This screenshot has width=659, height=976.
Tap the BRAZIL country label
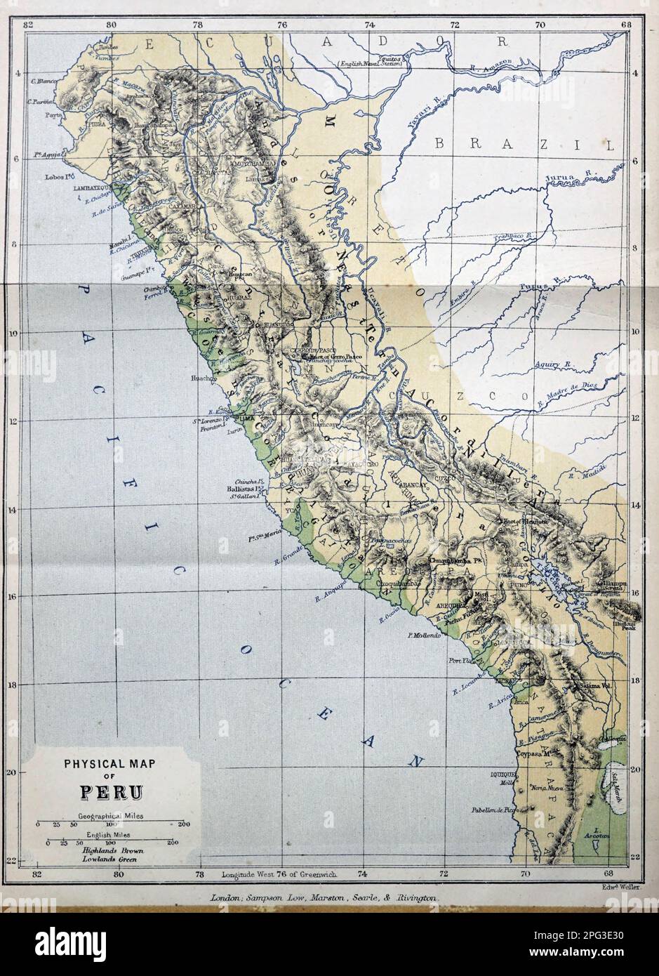(x=524, y=145)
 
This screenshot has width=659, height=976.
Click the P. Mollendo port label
(x=423, y=636)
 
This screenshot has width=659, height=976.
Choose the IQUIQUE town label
(x=502, y=773)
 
